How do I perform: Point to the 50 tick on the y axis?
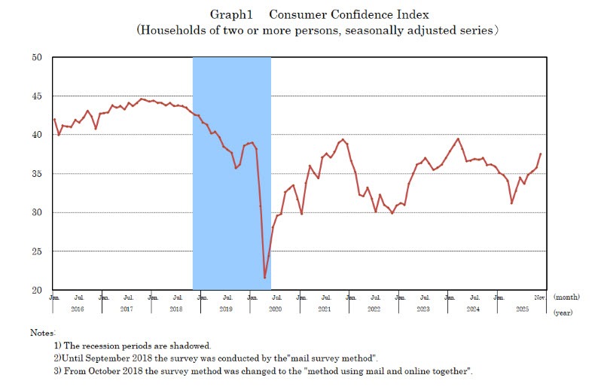[37, 57]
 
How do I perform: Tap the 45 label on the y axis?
[37, 96]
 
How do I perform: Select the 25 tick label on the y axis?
[37, 251]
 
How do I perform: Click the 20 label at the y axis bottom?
[37, 291]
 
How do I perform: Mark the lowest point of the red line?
[264, 278]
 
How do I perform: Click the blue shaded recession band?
[231, 173]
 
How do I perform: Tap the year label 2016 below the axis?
[78, 309]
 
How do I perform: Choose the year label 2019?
[227, 309]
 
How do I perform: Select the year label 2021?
[325, 309]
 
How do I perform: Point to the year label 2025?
[523, 309]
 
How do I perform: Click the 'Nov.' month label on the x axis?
[540, 297]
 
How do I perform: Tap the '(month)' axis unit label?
[567, 297]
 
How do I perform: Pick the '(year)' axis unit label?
[564, 310]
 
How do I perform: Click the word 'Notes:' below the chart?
[43, 332]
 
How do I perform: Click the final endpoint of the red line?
[541, 154]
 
